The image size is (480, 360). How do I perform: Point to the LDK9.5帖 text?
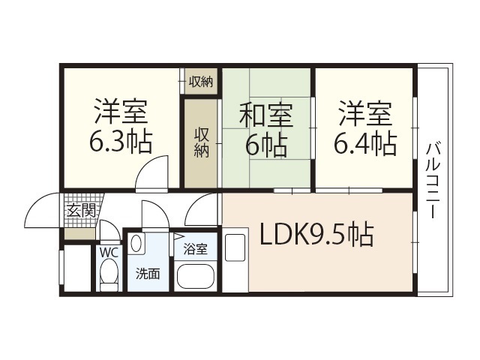[316, 236]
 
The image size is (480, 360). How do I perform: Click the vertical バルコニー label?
[433, 180]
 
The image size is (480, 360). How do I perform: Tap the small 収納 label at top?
[200, 81]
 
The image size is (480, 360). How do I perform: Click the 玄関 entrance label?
[81, 211]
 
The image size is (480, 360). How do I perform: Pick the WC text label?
[109, 253]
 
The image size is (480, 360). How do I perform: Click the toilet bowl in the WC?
[109, 274]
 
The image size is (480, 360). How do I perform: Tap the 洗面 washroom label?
[147, 274]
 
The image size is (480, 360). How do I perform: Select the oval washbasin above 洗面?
[138, 244]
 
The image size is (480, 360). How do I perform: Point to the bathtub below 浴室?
[196, 275]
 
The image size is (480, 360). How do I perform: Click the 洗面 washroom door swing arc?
[155, 213]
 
